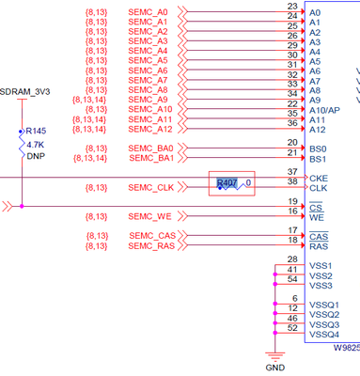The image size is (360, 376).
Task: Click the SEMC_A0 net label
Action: [x=149, y=12]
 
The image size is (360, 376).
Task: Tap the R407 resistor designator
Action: [x=227, y=182]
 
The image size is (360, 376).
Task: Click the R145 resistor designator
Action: [x=36, y=131]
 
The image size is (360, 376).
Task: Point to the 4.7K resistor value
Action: [x=35, y=145]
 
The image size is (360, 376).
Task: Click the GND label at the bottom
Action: [x=274, y=368]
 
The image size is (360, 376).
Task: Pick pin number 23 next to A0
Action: [x=292, y=7]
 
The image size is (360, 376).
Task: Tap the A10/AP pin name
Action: [x=323, y=110]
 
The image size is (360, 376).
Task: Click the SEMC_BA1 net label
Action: [x=151, y=158]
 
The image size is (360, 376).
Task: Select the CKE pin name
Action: [x=318, y=177]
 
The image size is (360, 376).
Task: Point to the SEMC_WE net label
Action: [x=150, y=216]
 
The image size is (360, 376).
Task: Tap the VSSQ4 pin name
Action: [x=323, y=335]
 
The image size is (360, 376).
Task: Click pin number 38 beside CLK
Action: [x=292, y=181]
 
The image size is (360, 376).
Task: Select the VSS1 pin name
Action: [x=321, y=266]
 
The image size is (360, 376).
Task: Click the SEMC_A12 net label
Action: [x=149, y=129]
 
